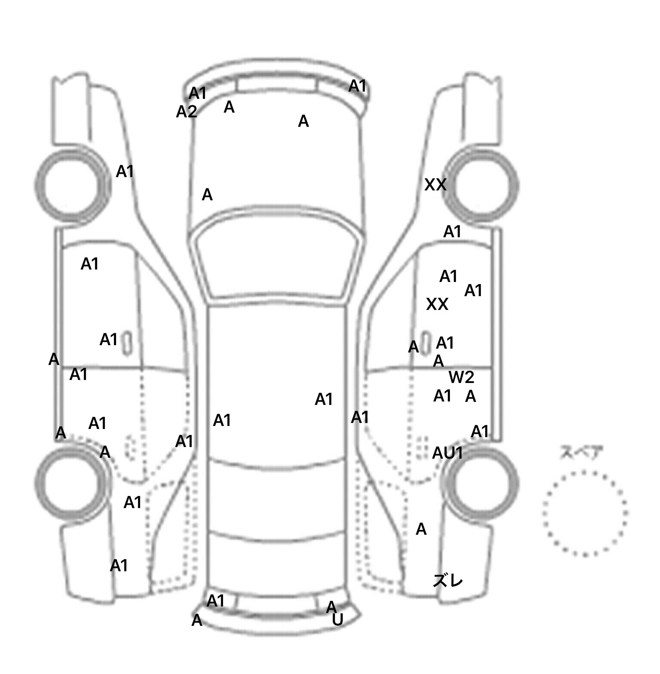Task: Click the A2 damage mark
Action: pos(186,112)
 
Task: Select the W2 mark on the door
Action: pos(461,377)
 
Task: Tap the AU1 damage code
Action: pos(447,453)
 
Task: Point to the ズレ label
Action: pos(448,580)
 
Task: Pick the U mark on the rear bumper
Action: pos(338,620)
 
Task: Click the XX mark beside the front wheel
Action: pos(435,185)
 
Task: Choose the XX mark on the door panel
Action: pos(437,304)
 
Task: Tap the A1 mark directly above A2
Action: pos(198,93)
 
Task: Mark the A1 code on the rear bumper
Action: pos(216,601)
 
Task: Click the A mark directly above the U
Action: pos(331,607)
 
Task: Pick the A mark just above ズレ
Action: pos(421,529)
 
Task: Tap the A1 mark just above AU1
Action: pos(480,432)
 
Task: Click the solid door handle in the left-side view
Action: pos(127,343)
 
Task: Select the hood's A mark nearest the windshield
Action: pos(207,195)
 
